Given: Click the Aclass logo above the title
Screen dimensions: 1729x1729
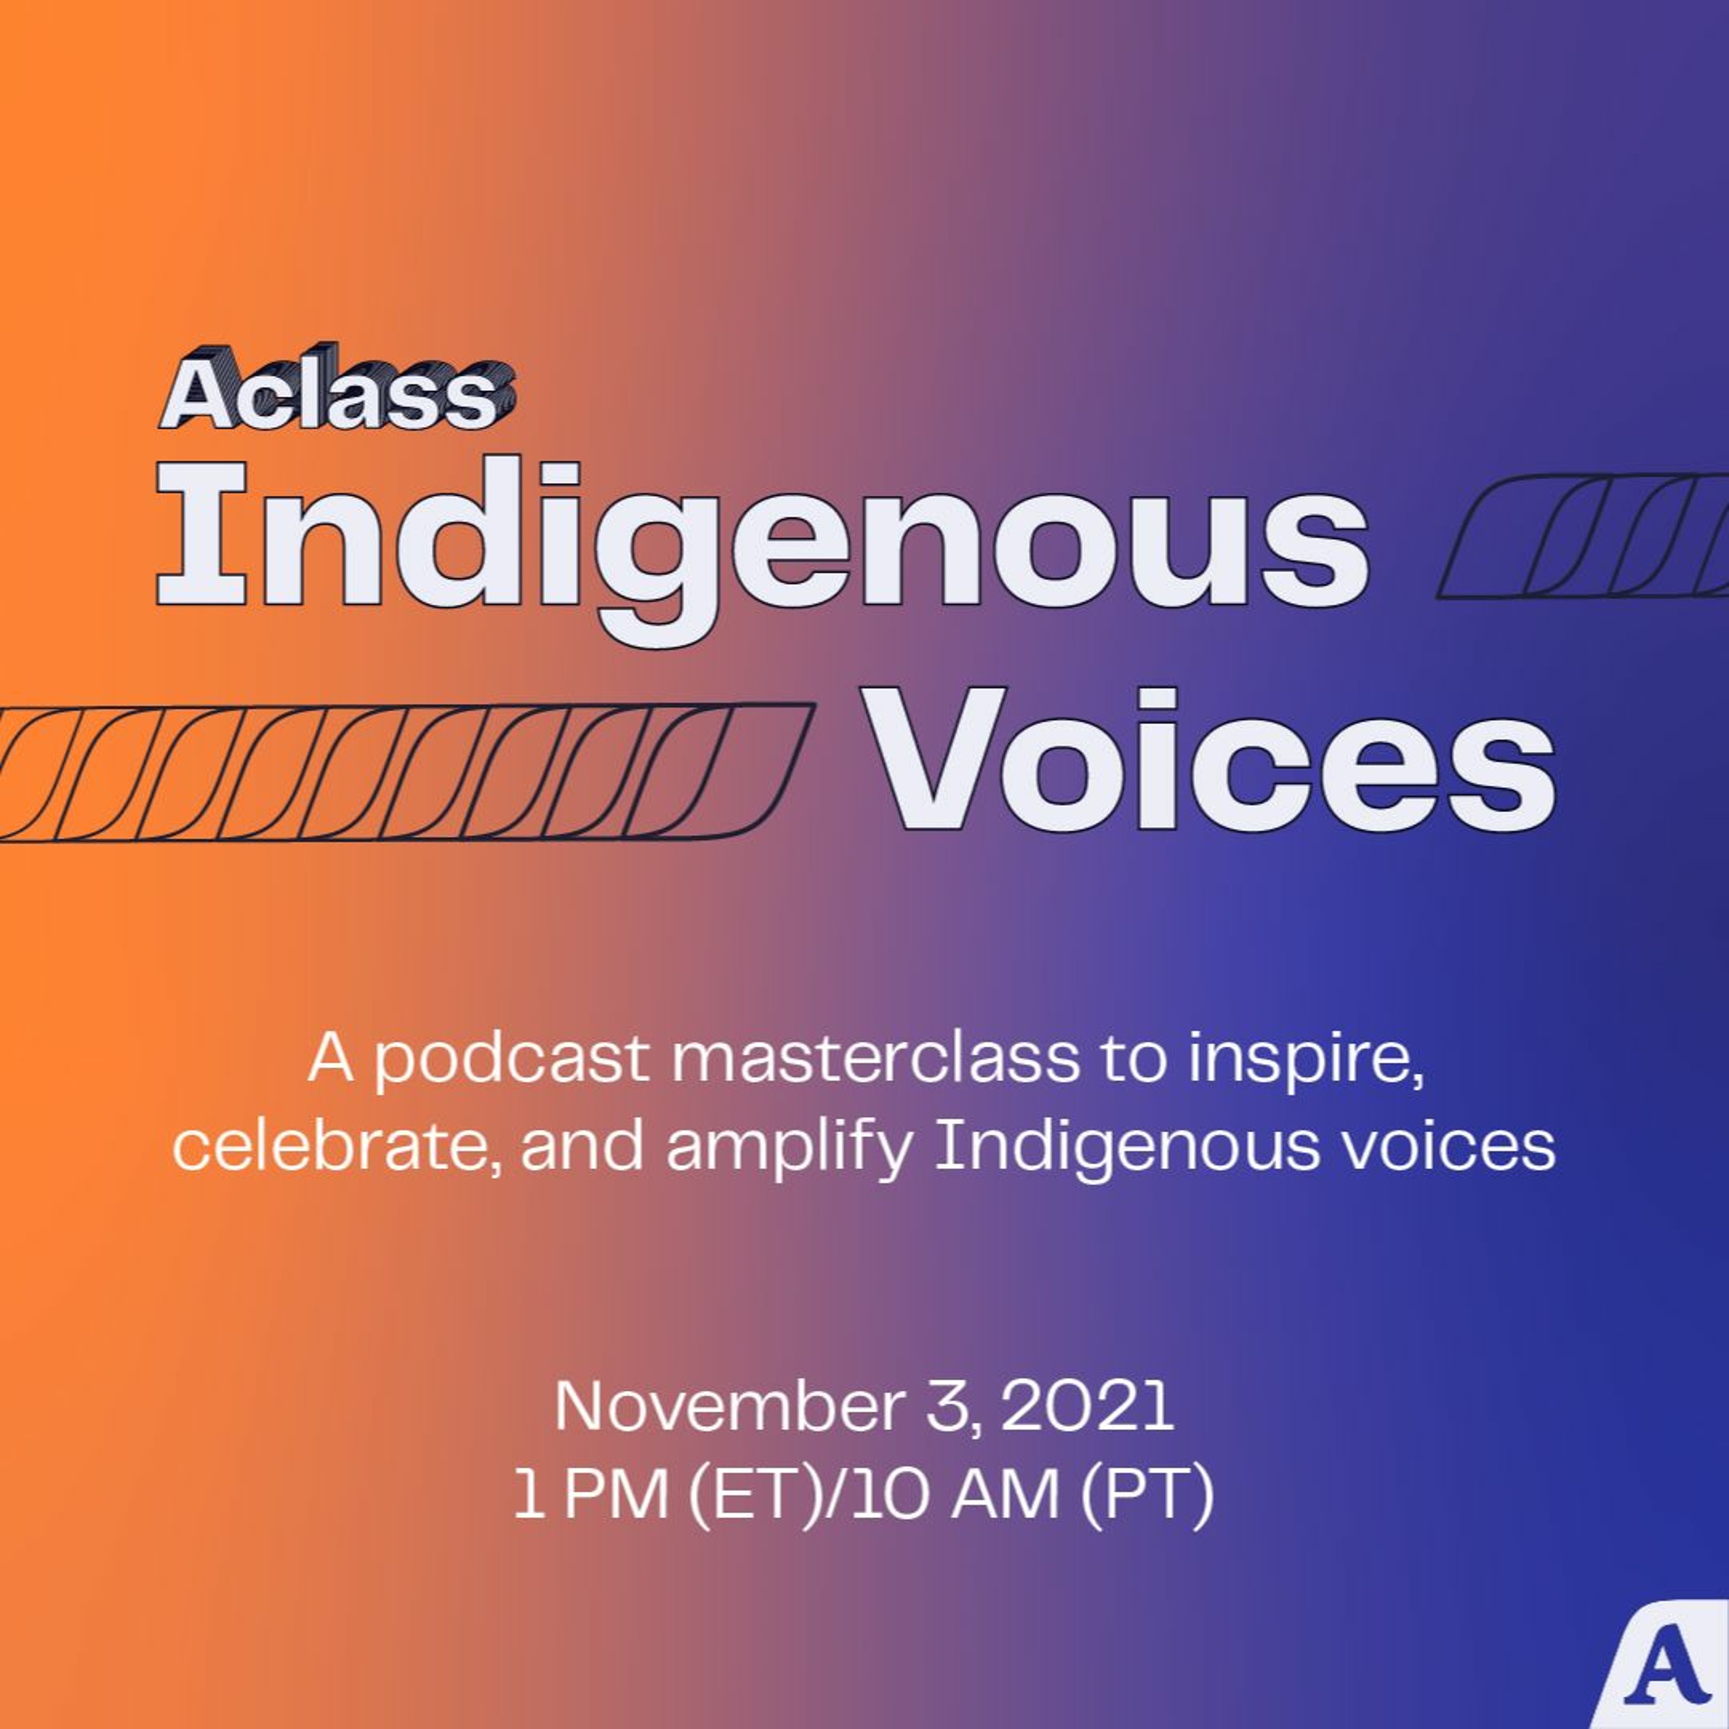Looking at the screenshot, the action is click(x=337, y=393).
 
